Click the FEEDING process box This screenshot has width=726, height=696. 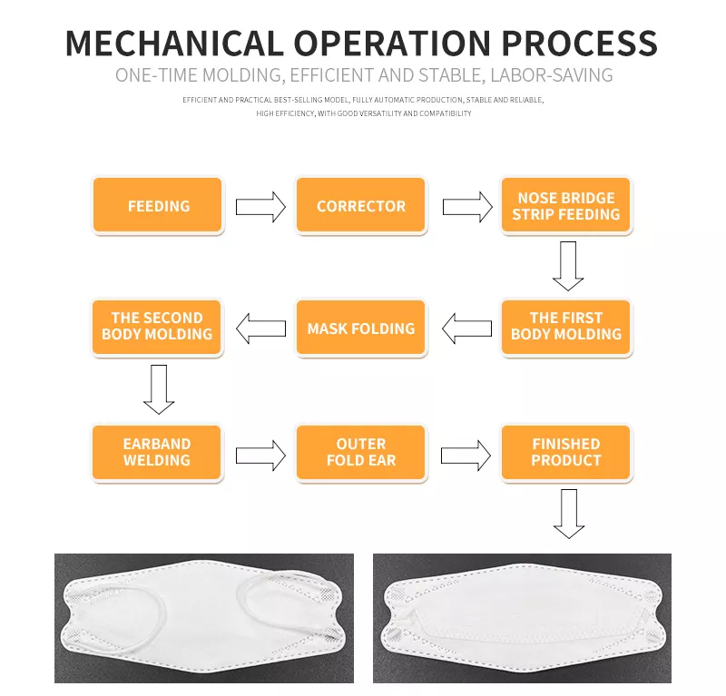click(x=158, y=206)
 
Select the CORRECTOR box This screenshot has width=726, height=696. click(x=361, y=206)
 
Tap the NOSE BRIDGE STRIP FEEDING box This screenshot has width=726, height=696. click(x=566, y=206)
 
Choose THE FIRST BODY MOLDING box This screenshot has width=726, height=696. click(x=566, y=327)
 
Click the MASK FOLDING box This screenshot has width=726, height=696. click(x=361, y=328)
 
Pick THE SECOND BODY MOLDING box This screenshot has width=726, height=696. click(x=157, y=327)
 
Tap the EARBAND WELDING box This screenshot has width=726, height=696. click(x=157, y=452)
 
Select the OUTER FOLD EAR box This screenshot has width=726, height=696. click(x=361, y=452)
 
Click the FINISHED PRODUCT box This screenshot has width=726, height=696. click(x=566, y=452)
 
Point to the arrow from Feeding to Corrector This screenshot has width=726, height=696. click(x=260, y=207)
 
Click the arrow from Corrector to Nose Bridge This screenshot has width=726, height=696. click(x=467, y=207)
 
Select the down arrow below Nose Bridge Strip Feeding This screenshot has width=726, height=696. click(x=568, y=265)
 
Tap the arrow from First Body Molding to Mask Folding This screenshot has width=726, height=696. click(x=466, y=328)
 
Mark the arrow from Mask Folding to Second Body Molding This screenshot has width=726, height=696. click(x=260, y=328)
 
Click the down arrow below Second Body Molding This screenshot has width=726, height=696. click(x=159, y=388)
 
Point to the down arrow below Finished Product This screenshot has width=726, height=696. click(x=569, y=513)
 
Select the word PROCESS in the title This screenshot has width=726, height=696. click(x=580, y=43)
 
